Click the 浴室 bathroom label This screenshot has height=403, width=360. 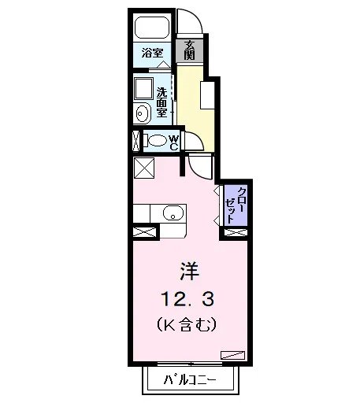pos(153,54)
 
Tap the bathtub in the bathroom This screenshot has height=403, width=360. pos(152,28)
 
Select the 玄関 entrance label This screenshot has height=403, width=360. pos(189,50)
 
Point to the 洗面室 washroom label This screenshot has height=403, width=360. pos(161,102)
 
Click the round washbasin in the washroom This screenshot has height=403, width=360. pos(143,113)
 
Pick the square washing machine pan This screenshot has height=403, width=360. pos(143,88)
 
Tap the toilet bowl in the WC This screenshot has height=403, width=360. pos(157,140)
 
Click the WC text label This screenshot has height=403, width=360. pos(174,142)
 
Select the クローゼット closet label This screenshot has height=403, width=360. pos(236,205)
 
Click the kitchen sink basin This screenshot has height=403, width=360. pos(173,213)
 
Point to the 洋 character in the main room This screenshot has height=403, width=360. pos(190,271)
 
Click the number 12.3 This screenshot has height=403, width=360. pos(188,299)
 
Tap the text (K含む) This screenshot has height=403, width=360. pos(187,324)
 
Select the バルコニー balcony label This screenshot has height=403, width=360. pos(190,379)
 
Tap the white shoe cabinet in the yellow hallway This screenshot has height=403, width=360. pos(207,95)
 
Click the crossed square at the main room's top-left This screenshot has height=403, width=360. pos(144,168)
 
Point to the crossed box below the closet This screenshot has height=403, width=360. pos(236,232)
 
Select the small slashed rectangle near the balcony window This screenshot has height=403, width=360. pos(232,355)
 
